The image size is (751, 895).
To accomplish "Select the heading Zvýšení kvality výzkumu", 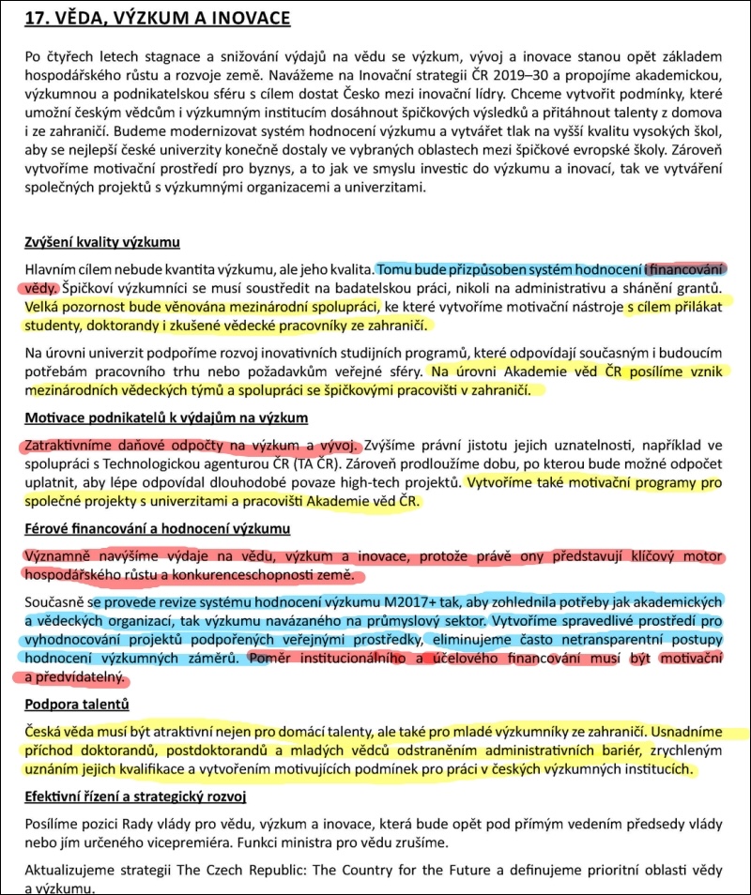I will [101, 243].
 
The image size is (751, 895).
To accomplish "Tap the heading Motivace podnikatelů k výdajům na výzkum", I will [166, 417].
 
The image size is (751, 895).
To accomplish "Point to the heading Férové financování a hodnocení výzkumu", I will [156, 528].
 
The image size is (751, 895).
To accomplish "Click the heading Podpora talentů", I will [76, 704].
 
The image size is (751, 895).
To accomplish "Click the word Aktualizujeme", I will [72, 870].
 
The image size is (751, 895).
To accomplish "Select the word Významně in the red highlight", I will [57, 554].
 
